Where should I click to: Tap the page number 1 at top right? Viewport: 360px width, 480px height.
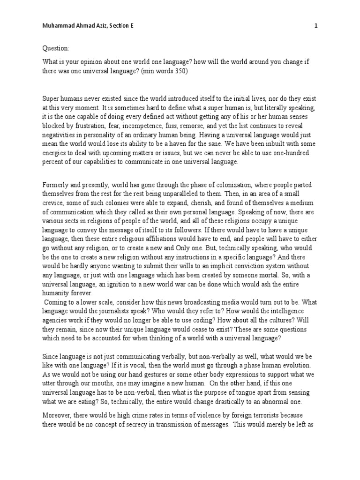316,26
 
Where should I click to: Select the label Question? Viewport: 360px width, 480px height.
56,48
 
